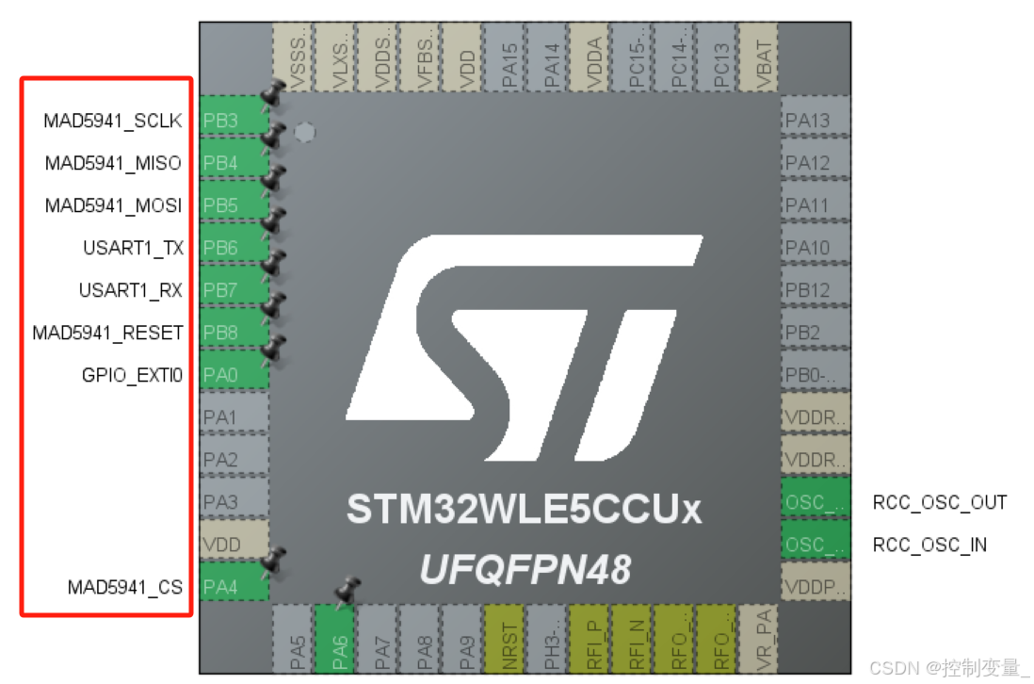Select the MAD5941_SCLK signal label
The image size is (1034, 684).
click(x=112, y=121)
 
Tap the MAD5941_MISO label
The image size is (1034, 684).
click(x=113, y=163)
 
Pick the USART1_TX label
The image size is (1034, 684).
click(x=133, y=248)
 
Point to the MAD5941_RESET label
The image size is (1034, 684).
click(x=107, y=333)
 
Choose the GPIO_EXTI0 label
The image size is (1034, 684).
click(x=132, y=375)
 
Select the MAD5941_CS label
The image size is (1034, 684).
click(x=124, y=587)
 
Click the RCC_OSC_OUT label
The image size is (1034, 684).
click(x=940, y=502)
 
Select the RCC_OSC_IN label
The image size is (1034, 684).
click(x=929, y=545)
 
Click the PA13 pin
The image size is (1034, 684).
click(x=816, y=121)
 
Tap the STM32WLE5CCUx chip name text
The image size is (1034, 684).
click(x=524, y=511)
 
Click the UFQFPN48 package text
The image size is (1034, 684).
click(x=525, y=568)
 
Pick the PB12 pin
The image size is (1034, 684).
click(x=816, y=290)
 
